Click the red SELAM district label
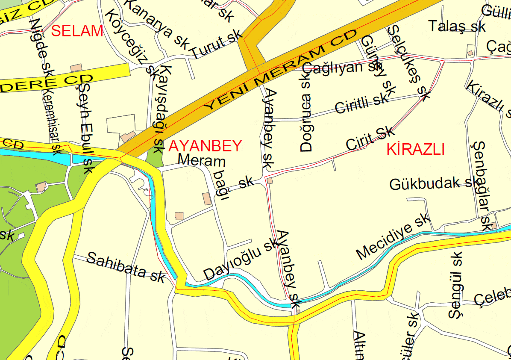tap(77, 31)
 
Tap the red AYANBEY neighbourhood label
tap(206, 146)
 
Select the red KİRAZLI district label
tap(416, 149)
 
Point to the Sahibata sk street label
tap(126, 266)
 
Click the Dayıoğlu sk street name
tap(241, 259)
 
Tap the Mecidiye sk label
tap(393, 237)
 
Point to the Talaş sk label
tap(457, 26)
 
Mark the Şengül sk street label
tap(456, 285)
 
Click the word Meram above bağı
tap(201, 161)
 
